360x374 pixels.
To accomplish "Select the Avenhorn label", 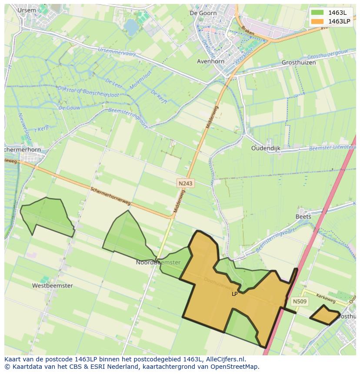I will coord(210,61).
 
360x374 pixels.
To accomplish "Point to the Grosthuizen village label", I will coord(298,63).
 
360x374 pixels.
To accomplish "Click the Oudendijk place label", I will coord(266,148).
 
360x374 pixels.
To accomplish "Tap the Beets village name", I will coord(303,216).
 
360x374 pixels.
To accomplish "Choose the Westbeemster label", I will coord(53,286).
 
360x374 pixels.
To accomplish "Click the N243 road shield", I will coord(185,184).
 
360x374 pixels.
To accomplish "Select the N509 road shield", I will coord(299,301).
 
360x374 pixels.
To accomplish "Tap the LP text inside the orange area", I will coord(235,294).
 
